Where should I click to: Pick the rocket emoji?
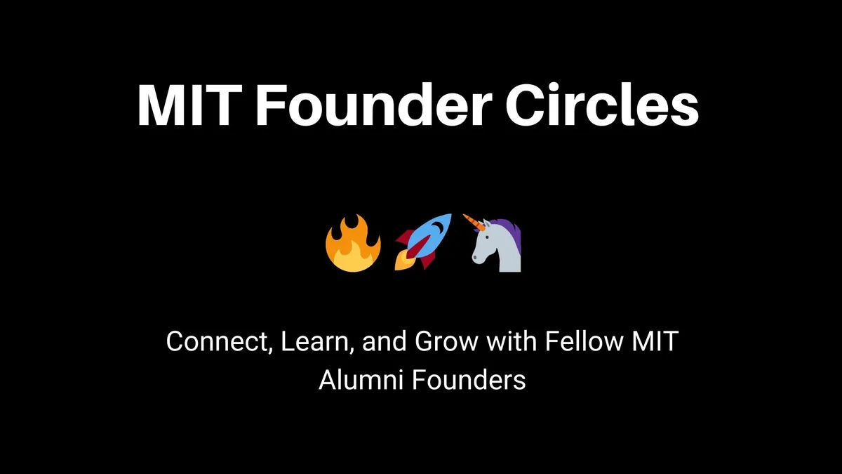coord(423,242)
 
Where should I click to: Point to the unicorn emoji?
coord(495,244)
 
